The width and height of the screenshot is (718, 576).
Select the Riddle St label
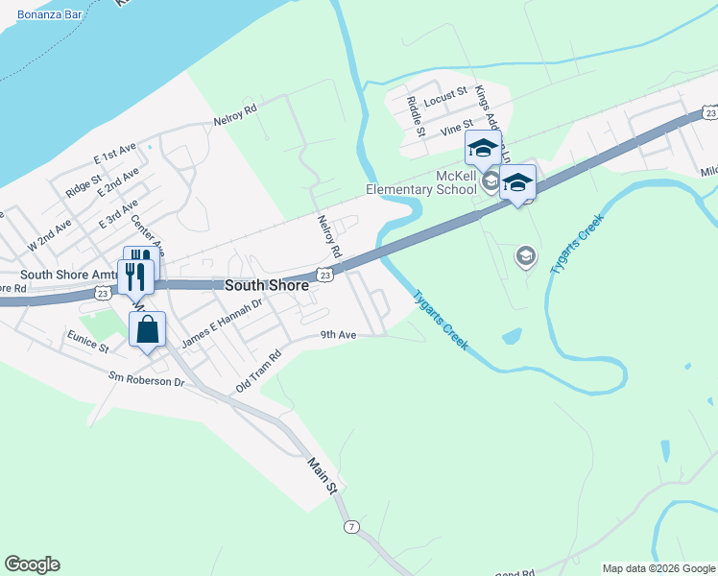pyautogui.click(x=415, y=116)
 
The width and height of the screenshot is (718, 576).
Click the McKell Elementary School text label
pyautogui.click(x=421, y=182)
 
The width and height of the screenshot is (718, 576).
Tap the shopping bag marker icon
pyautogui.click(x=147, y=330)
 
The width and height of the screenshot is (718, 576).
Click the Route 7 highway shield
pyautogui.click(x=352, y=527)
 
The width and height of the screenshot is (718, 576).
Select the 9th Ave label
pyautogui.click(x=339, y=335)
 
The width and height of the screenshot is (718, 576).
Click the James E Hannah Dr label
pyautogui.click(x=223, y=324)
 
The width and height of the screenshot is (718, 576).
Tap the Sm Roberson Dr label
pyautogui.click(x=146, y=380)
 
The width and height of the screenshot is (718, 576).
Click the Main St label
pyautogui.click(x=323, y=476)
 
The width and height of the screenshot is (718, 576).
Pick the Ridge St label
pyautogui.click(x=84, y=187)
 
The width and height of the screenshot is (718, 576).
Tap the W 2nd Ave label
pyautogui.click(x=50, y=235)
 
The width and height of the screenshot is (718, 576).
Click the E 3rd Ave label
pyautogui.click(x=119, y=214)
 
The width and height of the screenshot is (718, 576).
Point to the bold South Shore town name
pyautogui.click(x=267, y=286)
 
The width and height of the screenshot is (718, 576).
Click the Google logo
pyautogui.click(x=32, y=564)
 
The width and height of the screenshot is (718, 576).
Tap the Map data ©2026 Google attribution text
pyautogui.click(x=658, y=568)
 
